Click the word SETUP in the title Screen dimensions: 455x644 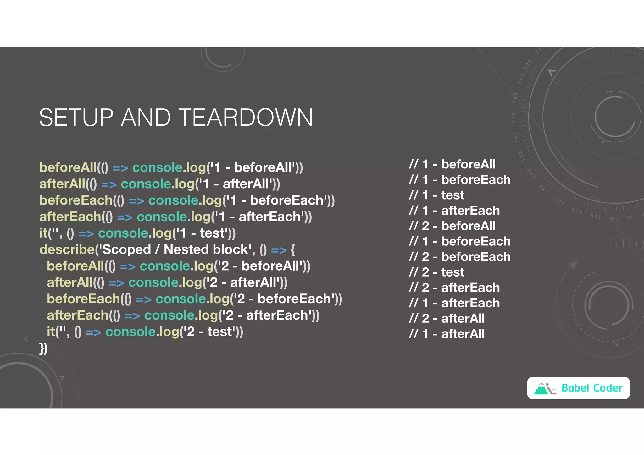click(x=76, y=118)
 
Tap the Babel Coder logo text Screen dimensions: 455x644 click(x=591, y=388)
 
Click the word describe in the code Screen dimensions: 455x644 click(x=67, y=249)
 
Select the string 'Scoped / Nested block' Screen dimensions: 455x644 click(x=175, y=249)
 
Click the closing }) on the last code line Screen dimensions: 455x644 click(x=43, y=348)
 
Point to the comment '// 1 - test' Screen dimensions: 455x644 click(x=436, y=195)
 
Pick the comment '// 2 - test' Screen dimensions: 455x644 click(x=436, y=272)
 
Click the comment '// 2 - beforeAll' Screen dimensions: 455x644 click(x=452, y=226)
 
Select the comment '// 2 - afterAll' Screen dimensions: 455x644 click(x=447, y=318)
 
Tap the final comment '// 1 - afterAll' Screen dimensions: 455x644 click(x=447, y=334)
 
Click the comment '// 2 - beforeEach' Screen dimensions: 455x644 click(x=459, y=257)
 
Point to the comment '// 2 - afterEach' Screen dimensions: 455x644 click(x=454, y=288)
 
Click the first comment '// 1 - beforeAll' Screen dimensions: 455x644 click(x=452, y=164)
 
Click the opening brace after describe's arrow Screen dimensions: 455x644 click(x=293, y=250)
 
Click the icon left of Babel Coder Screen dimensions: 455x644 click(x=545, y=388)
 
